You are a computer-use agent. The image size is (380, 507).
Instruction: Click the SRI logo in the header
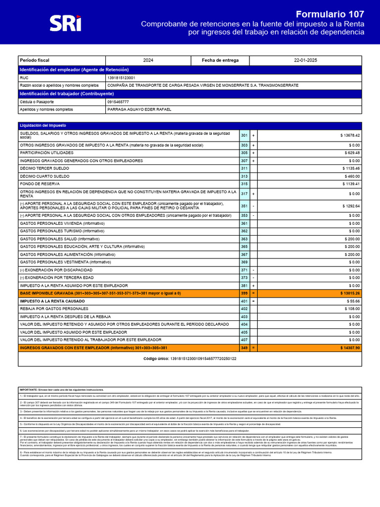(x=65, y=23)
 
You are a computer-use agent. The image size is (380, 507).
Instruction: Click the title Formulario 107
(x=330, y=14)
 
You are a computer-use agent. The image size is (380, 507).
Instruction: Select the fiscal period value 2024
(x=148, y=60)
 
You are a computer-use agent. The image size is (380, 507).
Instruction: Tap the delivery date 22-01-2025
(x=305, y=60)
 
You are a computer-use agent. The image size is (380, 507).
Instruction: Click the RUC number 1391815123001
(x=121, y=78)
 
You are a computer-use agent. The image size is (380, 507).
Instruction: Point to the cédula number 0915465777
(x=118, y=101)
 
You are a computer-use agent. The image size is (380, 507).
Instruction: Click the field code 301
(x=244, y=135)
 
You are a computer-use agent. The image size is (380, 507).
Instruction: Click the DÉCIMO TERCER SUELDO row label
(x=45, y=169)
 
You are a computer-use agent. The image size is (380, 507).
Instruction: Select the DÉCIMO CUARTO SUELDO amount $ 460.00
(x=351, y=176)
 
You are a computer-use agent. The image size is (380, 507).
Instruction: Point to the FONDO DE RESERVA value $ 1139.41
(x=350, y=184)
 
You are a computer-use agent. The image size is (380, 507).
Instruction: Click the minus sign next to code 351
(x=253, y=205)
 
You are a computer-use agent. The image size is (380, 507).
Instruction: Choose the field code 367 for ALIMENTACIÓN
(x=244, y=254)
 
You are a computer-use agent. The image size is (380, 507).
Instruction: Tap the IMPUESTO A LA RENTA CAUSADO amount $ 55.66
(x=352, y=301)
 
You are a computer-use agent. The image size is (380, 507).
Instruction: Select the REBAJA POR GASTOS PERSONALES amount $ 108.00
(x=351, y=309)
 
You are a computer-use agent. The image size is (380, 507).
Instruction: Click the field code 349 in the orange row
(x=244, y=348)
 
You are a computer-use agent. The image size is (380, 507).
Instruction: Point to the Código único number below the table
(x=203, y=358)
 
